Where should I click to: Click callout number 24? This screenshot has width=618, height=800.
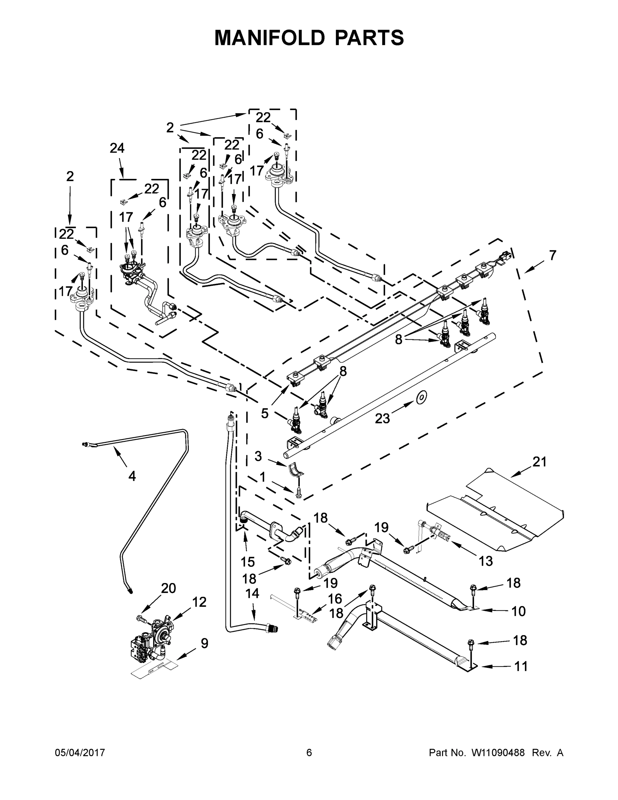(117, 148)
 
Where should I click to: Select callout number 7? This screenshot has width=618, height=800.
(552, 255)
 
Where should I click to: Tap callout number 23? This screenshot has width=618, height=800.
(382, 418)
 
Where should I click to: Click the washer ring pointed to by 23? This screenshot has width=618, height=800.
(421, 397)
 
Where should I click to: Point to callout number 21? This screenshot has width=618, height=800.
(539, 462)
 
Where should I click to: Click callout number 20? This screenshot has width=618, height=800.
(169, 588)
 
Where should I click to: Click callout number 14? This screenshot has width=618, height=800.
(252, 593)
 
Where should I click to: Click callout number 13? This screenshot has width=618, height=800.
(485, 561)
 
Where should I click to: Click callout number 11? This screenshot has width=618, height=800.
(521, 666)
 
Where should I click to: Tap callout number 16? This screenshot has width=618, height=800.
(334, 599)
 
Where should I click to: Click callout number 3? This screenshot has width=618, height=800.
(259, 456)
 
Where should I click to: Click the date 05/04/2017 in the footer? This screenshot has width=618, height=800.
(80, 753)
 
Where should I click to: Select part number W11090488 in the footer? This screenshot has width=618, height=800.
(498, 753)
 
